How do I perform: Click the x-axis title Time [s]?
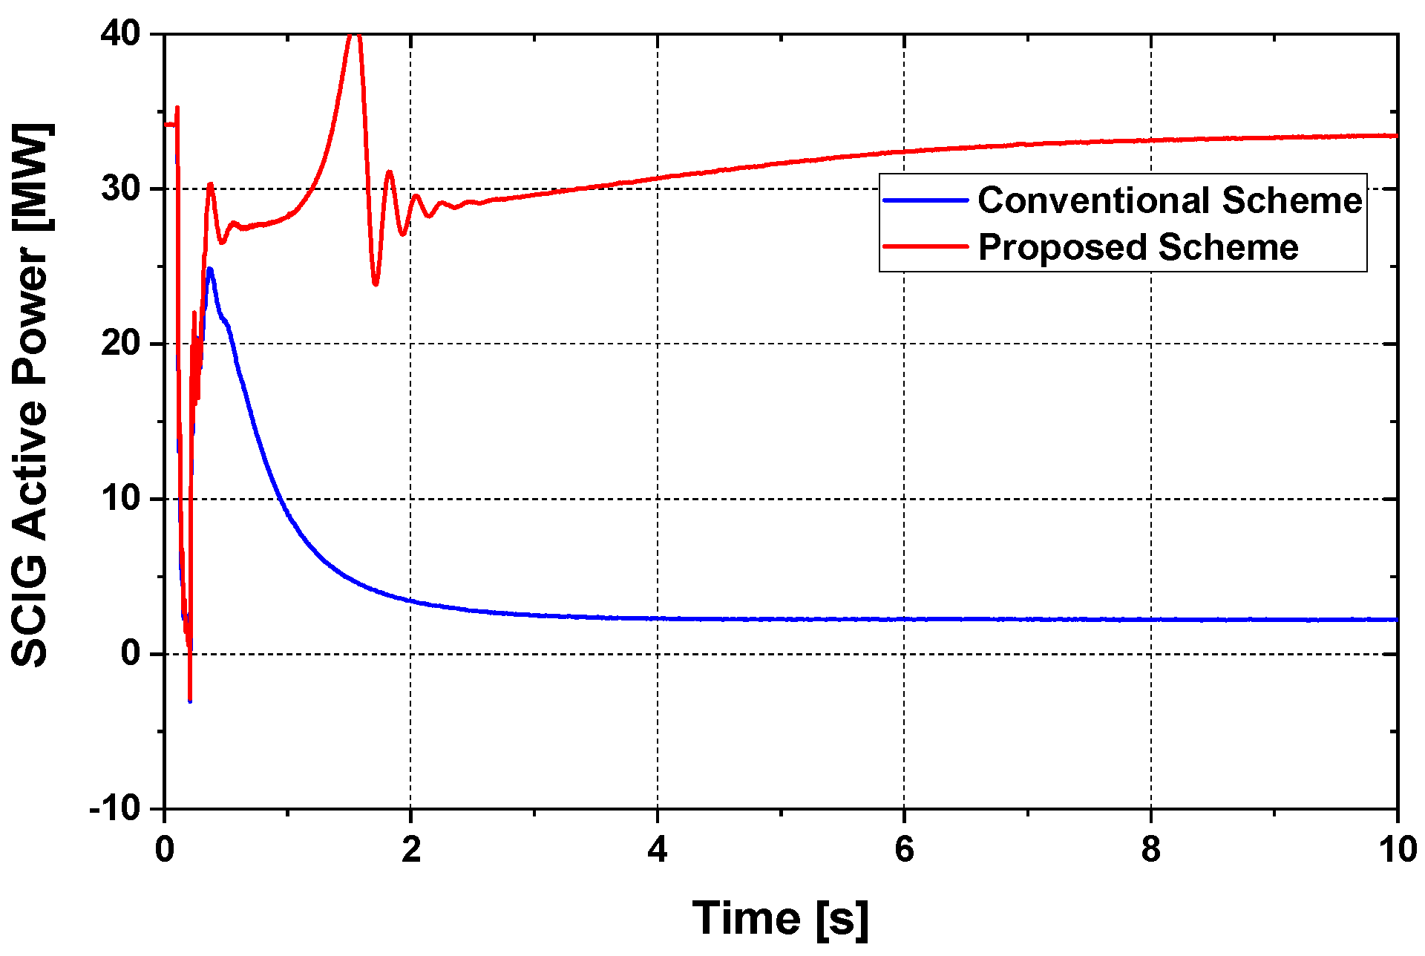pos(780,919)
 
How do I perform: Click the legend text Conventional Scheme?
pos(1170,200)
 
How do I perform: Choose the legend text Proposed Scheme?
pos(1138,247)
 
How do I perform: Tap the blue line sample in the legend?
pos(926,200)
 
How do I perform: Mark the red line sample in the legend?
pos(926,246)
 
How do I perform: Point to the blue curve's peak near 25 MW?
pos(210,269)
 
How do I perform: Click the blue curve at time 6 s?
pos(904,619)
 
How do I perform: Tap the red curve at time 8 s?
pos(1150,140)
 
